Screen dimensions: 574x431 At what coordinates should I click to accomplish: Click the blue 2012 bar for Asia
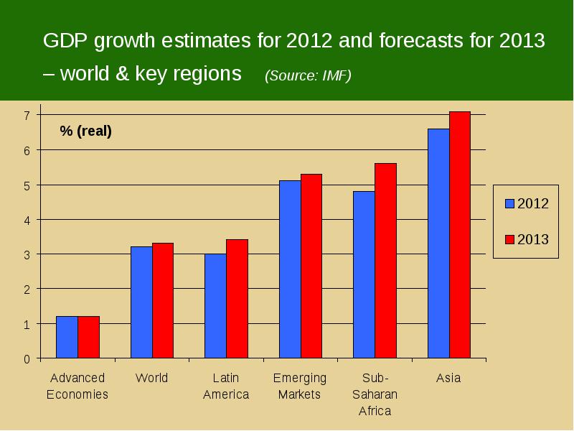click(438, 244)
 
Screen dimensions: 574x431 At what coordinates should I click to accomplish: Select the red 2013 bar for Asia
click(460, 235)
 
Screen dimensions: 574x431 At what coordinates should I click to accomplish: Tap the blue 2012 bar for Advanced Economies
click(67, 337)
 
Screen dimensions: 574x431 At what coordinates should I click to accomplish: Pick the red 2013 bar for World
click(163, 300)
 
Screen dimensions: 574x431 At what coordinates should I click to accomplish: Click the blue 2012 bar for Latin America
click(216, 306)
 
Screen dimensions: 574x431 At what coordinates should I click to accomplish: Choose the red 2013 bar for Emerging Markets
click(311, 266)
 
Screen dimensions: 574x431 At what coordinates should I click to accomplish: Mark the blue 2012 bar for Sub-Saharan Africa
click(364, 274)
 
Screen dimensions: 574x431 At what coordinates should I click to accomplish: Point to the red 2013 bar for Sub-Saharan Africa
click(385, 261)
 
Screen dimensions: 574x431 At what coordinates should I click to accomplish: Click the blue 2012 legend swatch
click(509, 203)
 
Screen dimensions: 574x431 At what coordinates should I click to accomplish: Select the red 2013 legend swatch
click(509, 239)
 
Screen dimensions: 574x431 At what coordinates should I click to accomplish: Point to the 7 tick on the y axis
click(39, 115)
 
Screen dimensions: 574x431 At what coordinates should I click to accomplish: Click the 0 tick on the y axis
click(39, 358)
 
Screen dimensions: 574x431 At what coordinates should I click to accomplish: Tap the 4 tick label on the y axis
click(27, 221)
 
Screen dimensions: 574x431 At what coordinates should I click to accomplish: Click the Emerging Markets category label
click(299, 386)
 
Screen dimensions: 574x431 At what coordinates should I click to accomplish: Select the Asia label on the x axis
click(448, 378)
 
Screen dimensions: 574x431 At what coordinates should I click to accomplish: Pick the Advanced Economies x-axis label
click(77, 386)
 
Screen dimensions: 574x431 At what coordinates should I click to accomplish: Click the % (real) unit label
click(85, 131)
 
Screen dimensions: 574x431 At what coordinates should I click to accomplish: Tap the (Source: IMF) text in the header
click(308, 75)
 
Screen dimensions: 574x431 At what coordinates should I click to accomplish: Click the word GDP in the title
click(65, 40)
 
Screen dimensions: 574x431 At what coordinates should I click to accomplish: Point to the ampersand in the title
click(122, 73)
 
